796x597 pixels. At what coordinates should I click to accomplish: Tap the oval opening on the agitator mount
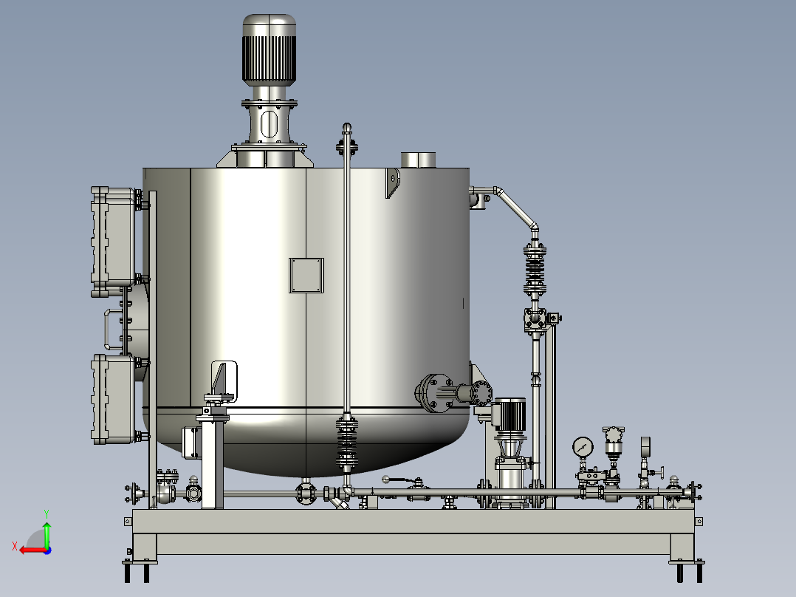click(269, 124)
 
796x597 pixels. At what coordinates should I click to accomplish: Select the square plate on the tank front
click(306, 276)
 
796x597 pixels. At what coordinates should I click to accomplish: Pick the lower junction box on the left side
click(113, 400)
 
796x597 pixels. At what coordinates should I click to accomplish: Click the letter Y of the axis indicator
click(47, 514)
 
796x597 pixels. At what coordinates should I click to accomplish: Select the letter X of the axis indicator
click(15, 546)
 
